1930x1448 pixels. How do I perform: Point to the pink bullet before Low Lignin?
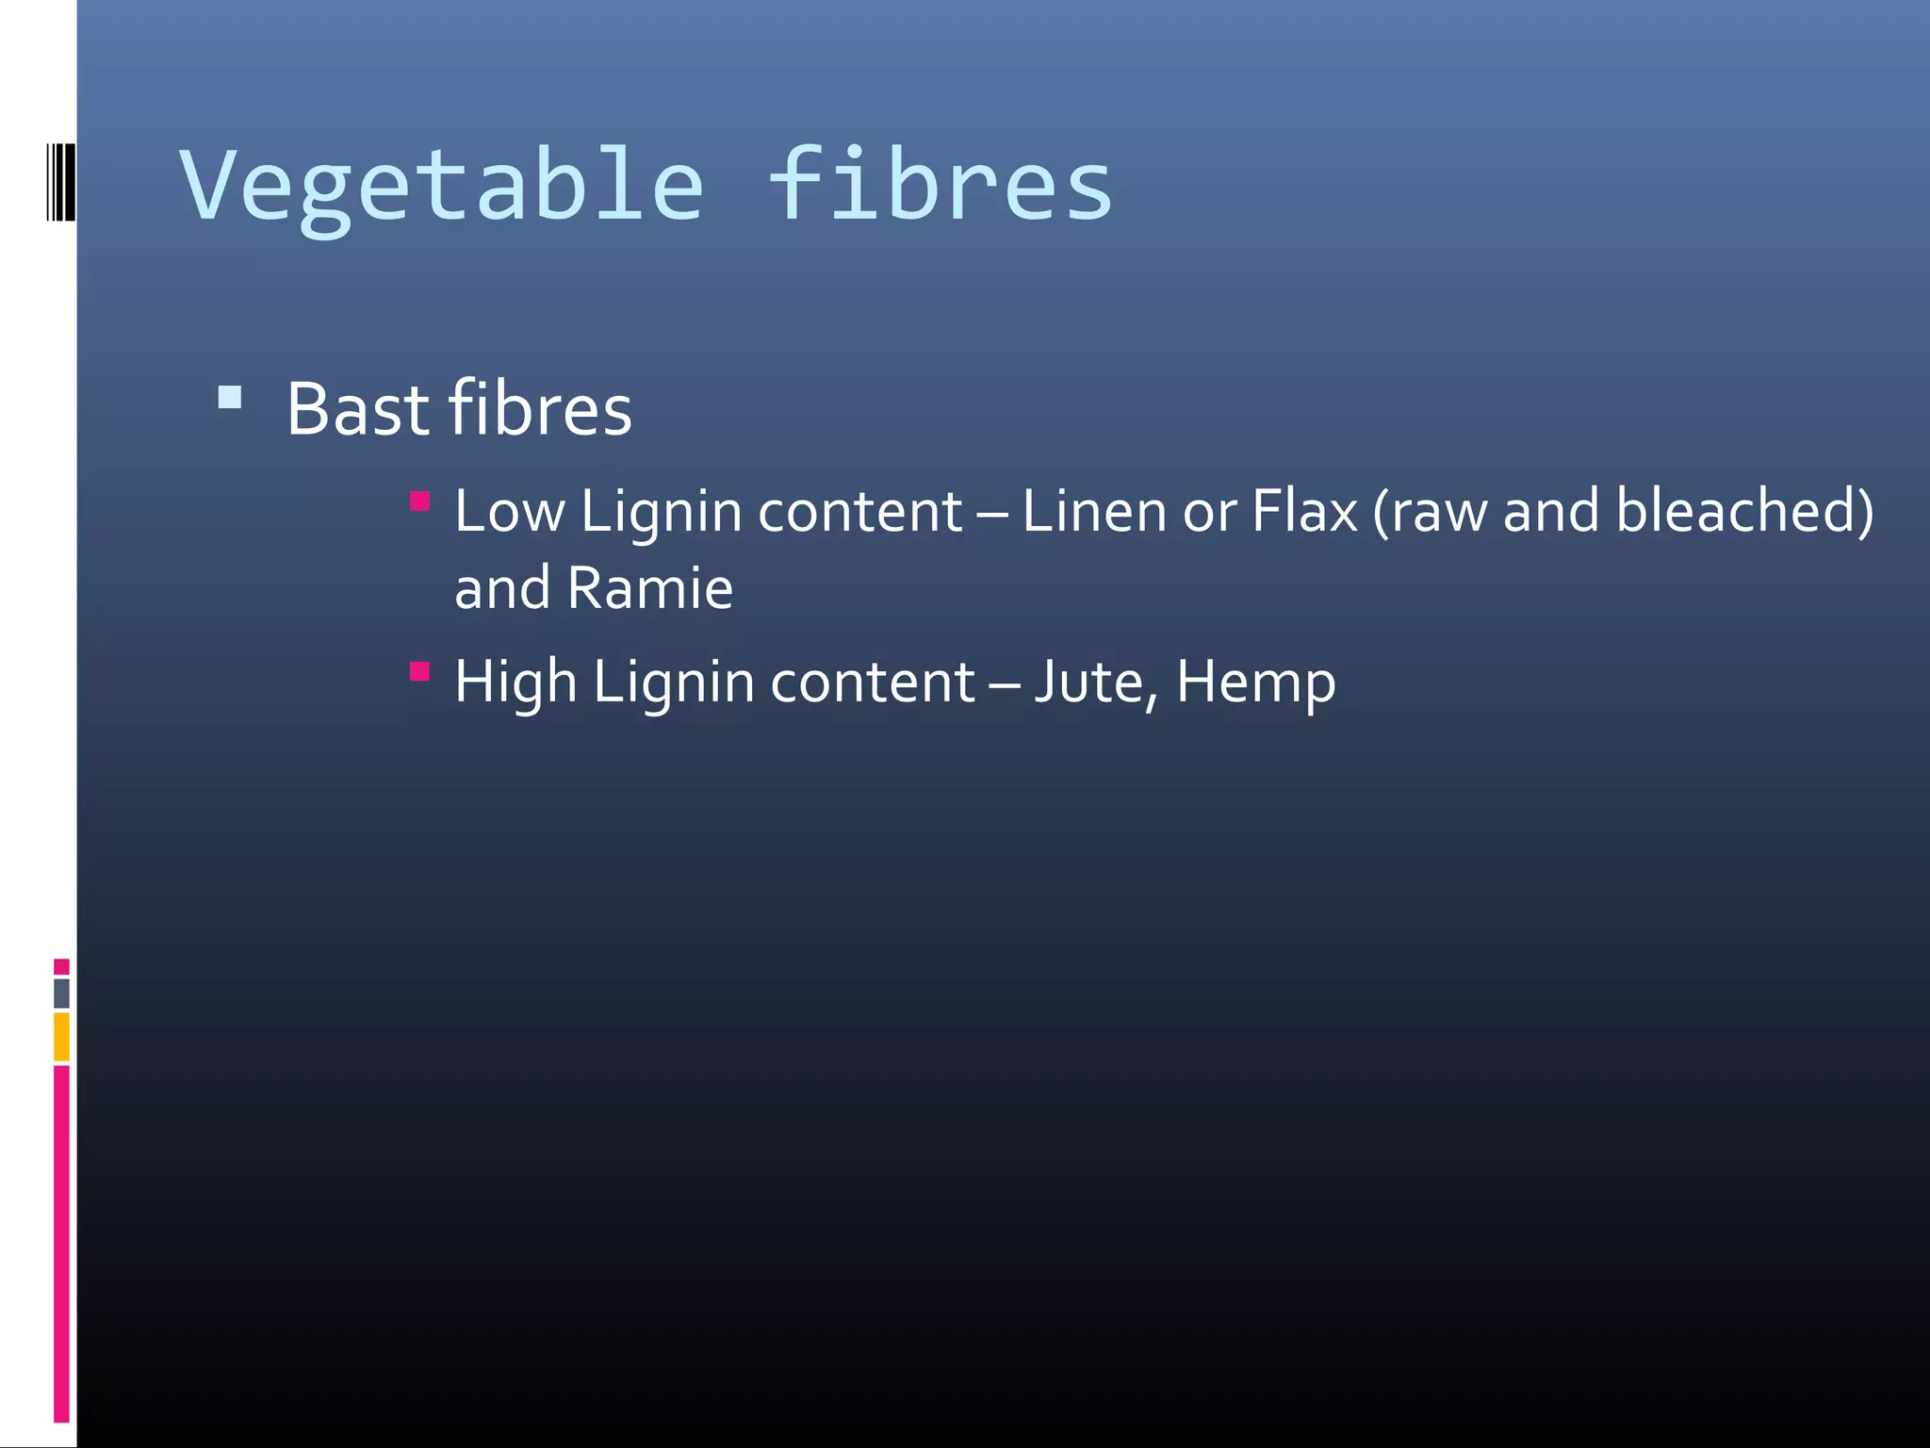tap(420, 501)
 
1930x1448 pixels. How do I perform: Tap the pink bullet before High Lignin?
tap(420, 671)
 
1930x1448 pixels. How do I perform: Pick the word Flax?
tap(1305, 512)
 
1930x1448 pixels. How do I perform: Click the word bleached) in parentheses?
tap(1744, 512)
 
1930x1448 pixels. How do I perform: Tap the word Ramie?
tap(650, 588)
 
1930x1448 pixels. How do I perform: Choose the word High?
tap(515, 683)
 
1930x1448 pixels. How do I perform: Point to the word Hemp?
tap(1255, 683)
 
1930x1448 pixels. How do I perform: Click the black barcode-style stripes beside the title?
tap(61, 182)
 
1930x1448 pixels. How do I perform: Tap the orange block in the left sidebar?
tap(61, 1036)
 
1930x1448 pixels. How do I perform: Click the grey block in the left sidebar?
tap(61, 993)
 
